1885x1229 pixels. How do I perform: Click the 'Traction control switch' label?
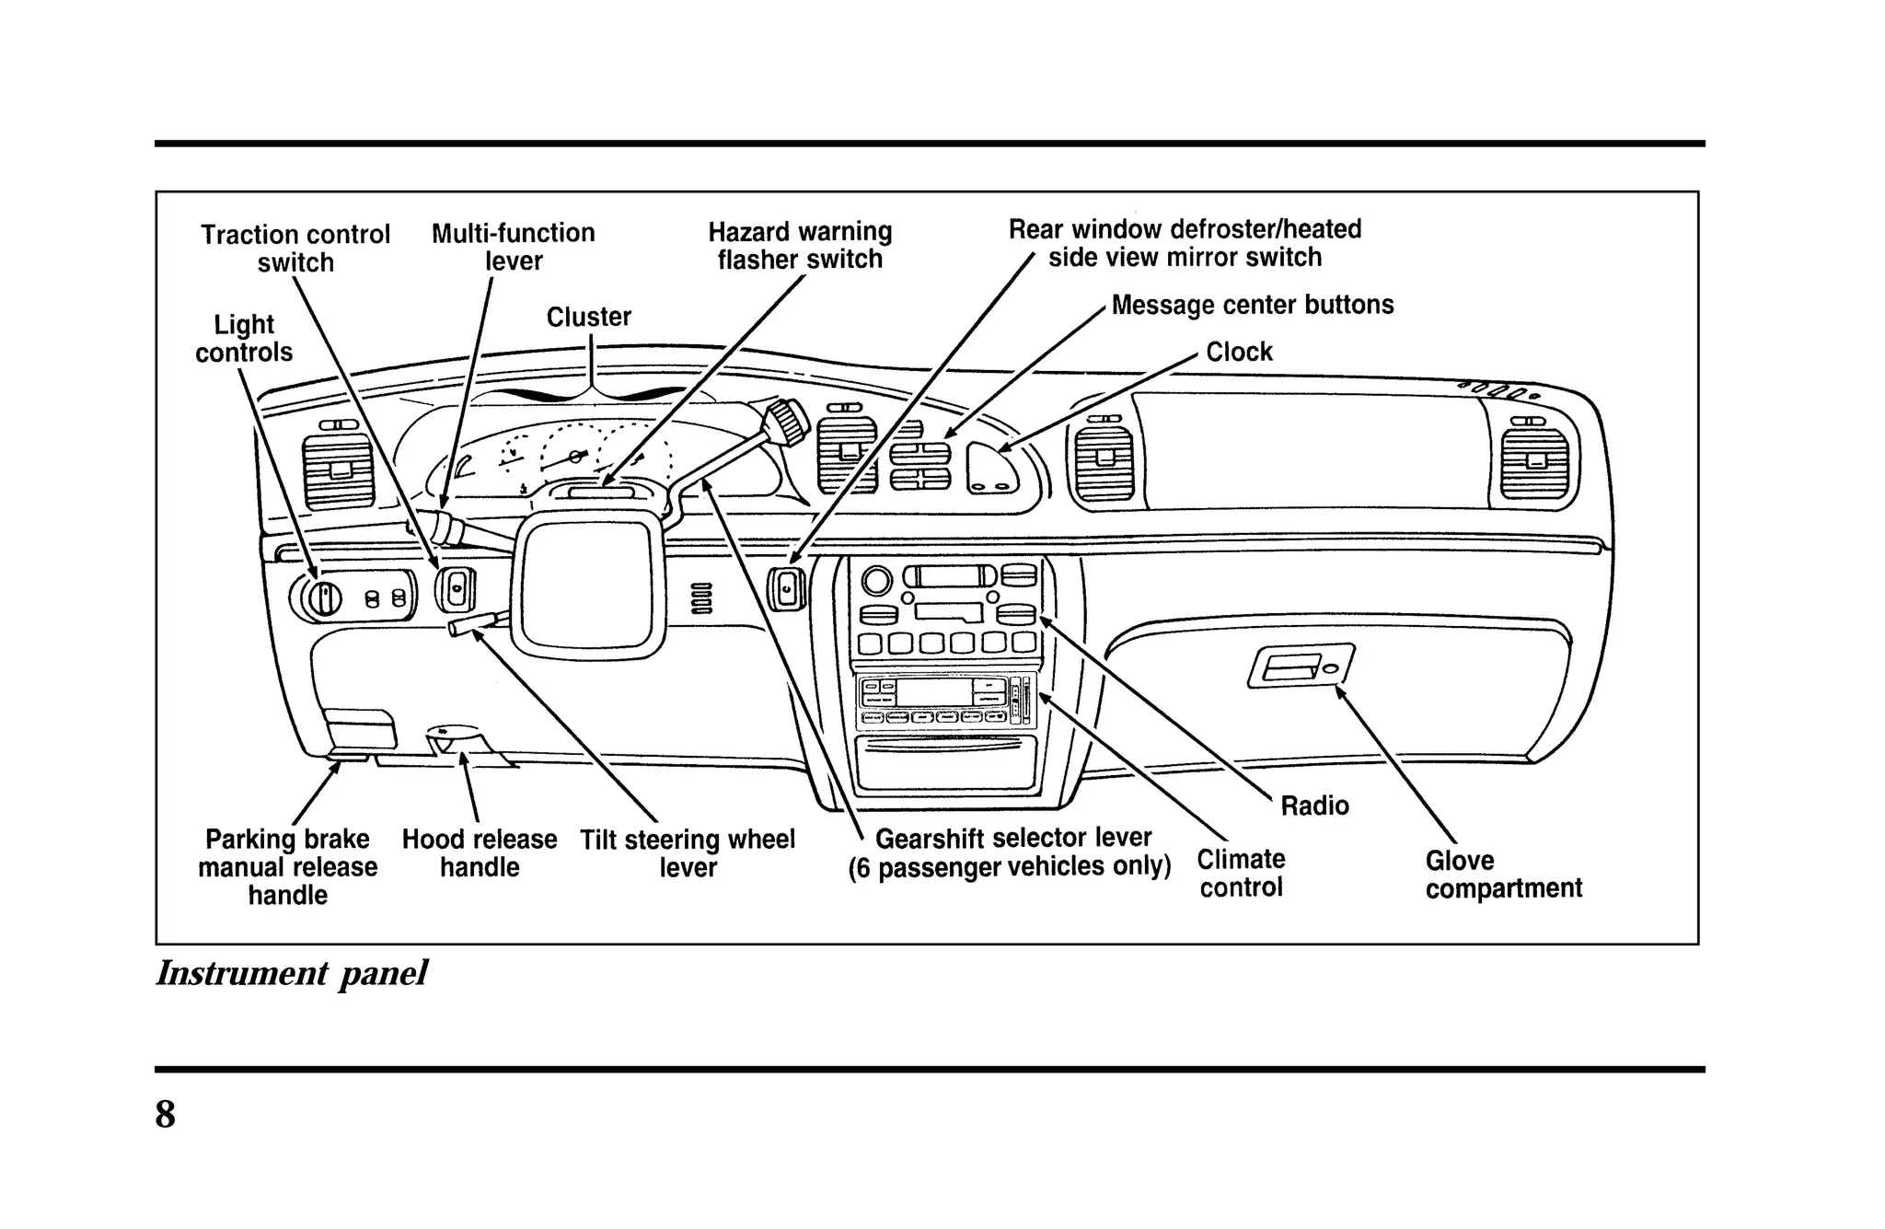tap(295, 249)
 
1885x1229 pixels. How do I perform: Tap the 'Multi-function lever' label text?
tap(514, 247)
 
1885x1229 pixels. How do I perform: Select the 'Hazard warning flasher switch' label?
tap(800, 245)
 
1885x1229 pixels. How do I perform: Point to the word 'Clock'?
tap(1239, 352)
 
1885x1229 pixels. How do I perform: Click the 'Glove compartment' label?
tap(1503, 875)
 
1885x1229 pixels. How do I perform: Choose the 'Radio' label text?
tap(1314, 806)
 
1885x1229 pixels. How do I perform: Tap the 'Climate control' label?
tap(1241, 873)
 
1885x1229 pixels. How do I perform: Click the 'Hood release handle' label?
tap(480, 853)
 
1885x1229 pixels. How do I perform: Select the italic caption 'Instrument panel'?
tap(291, 973)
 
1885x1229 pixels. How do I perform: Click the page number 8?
tap(166, 1115)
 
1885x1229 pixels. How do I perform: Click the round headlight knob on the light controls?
tap(323, 598)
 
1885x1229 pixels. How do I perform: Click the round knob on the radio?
tap(876, 580)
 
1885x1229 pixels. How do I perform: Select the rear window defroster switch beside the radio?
tap(788, 589)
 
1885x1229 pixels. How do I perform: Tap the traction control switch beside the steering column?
tap(457, 589)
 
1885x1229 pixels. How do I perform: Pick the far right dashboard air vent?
tap(1534, 463)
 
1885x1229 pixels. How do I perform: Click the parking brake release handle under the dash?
tap(360, 732)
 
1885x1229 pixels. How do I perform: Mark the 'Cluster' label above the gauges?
tap(588, 318)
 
